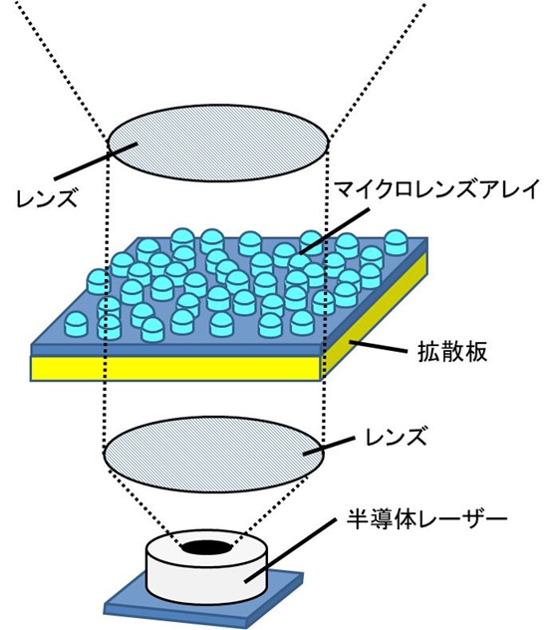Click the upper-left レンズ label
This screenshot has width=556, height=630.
46,198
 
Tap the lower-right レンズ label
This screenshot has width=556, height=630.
396,436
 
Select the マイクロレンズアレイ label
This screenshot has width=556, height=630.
436,189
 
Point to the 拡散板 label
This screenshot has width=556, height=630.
452,352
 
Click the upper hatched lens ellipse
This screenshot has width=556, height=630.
218,143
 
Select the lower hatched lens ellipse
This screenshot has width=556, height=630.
213,454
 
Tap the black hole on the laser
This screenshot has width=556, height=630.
208,546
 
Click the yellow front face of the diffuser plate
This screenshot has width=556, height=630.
175,369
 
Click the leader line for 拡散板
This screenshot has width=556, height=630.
378,347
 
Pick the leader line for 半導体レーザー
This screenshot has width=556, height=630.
289,550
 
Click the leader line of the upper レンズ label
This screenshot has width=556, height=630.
96,161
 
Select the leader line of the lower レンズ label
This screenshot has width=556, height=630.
329,446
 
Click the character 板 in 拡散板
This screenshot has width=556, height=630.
476,352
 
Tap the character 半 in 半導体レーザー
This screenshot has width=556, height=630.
358,519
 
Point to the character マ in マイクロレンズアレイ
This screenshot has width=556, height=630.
346,189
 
